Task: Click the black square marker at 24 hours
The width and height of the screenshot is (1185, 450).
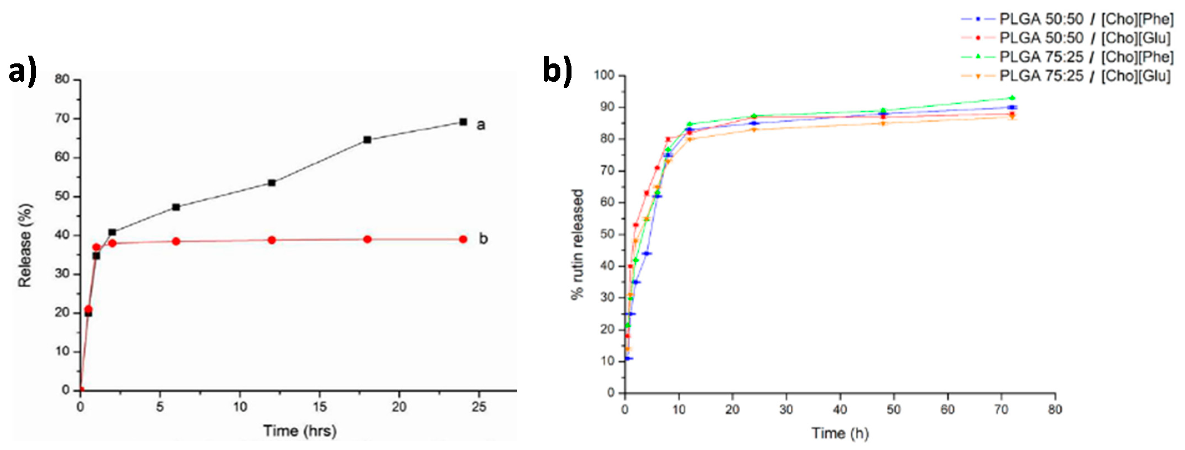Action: tap(463, 122)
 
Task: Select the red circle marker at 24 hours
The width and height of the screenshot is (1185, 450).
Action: tap(463, 239)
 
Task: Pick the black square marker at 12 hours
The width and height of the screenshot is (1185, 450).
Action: tap(271, 183)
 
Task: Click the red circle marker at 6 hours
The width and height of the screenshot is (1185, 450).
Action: tap(176, 241)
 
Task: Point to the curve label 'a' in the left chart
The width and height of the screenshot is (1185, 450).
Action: tap(481, 125)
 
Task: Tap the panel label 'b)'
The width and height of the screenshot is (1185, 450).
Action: tap(557, 70)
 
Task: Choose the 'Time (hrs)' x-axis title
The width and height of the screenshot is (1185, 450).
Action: tap(300, 431)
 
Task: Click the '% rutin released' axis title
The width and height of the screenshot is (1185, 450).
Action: tap(578, 244)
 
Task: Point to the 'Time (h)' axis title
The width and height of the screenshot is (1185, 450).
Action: tap(840, 433)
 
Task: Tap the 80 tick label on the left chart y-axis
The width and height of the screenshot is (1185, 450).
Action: tap(62, 79)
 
